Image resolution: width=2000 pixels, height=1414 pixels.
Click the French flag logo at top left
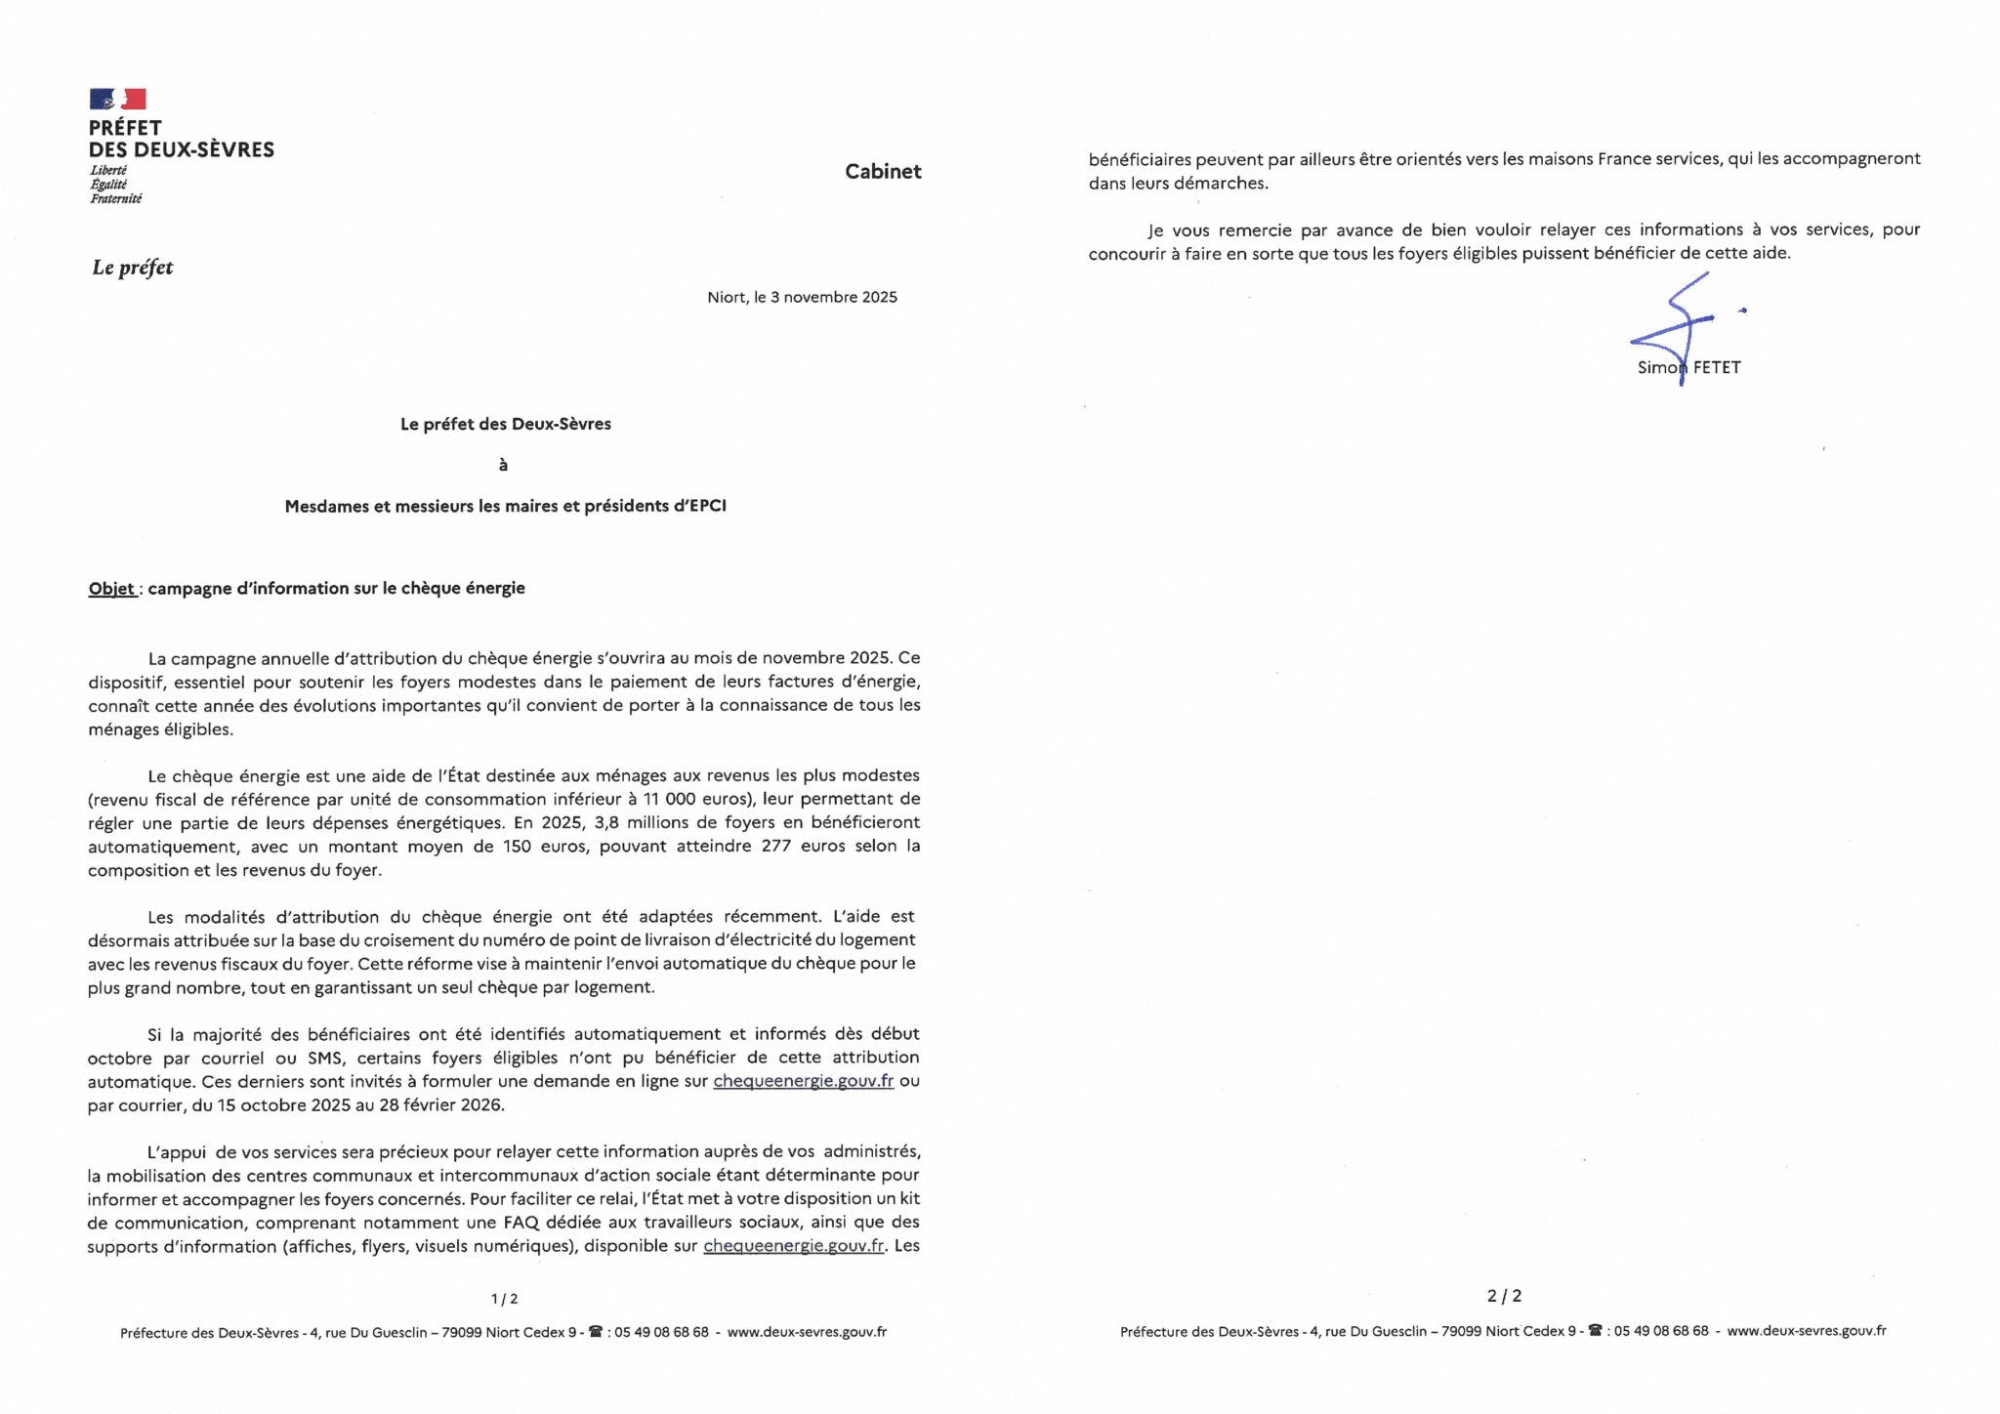[117, 99]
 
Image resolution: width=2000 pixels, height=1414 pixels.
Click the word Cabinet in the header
[883, 172]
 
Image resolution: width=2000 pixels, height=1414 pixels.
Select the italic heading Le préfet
[133, 268]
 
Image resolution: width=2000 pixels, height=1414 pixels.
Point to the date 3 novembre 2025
[833, 297]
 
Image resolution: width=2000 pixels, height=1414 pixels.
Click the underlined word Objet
[111, 588]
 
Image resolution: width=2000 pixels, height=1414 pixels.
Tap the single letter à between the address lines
[503, 465]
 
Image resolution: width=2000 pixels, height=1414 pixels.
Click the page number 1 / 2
[504, 1299]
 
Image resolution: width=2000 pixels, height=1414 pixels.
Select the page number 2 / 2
[1504, 1296]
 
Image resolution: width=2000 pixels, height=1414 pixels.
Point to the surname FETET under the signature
[1717, 368]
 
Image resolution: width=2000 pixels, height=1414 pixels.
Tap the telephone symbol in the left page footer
[595, 1331]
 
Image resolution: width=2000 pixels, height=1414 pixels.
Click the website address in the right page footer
[1806, 1330]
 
